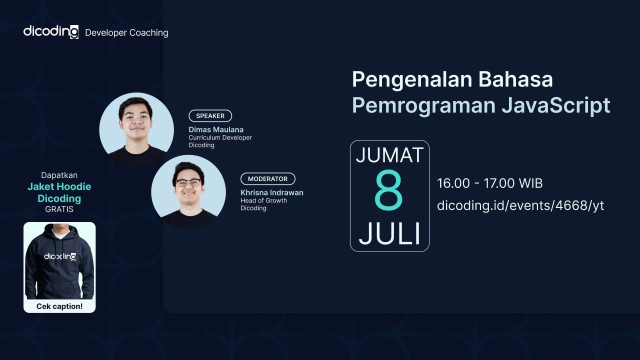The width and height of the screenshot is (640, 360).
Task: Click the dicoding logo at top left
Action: (x=50, y=32)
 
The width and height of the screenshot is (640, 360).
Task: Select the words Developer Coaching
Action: (x=126, y=33)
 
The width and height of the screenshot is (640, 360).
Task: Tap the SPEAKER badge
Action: (x=210, y=115)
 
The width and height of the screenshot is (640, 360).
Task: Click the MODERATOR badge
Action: (x=267, y=178)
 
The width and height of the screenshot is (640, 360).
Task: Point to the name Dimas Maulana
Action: (x=216, y=129)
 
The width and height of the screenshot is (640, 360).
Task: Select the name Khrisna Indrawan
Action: (x=271, y=192)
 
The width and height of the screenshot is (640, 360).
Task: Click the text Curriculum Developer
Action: (x=220, y=137)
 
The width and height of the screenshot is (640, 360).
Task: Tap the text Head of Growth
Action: (x=263, y=200)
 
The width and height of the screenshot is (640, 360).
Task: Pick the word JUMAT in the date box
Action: (x=389, y=155)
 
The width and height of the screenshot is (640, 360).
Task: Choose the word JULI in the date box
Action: (x=389, y=233)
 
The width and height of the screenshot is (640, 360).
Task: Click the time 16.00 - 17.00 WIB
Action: (x=489, y=183)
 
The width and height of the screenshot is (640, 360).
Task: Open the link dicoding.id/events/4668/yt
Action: (x=520, y=205)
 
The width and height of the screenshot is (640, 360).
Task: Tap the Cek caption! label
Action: (x=59, y=306)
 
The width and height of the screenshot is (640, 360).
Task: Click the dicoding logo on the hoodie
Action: (x=59, y=257)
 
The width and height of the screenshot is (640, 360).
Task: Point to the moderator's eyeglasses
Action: (x=188, y=182)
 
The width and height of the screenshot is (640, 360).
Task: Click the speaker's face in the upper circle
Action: (x=135, y=121)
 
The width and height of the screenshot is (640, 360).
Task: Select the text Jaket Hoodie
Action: (x=59, y=187)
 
